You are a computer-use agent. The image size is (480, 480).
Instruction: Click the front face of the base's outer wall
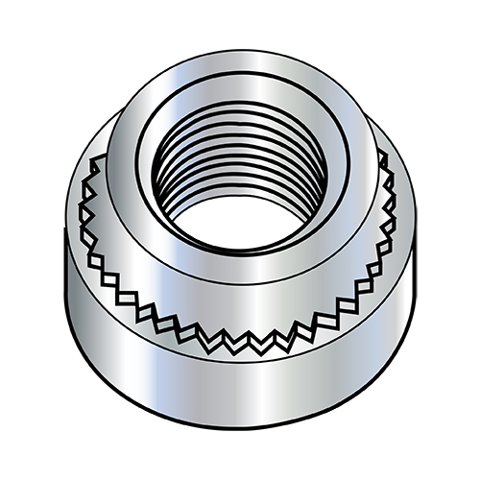[240, 403]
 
